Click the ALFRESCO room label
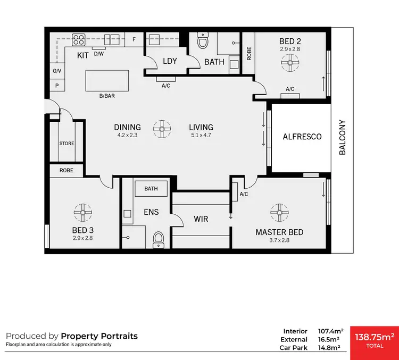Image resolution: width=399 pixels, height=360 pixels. [x=302, y=137]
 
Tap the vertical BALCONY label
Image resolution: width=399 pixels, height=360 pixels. [x=343, y=137]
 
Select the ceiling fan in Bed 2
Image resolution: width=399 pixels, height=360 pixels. [x=290, y=64]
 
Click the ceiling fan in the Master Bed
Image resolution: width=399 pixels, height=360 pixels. [x=279, y=212]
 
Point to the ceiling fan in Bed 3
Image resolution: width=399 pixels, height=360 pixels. [x=82, y=212]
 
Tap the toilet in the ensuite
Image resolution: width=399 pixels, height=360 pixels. [x=158, y=240]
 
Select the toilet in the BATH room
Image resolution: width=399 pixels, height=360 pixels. [x=203, y=41]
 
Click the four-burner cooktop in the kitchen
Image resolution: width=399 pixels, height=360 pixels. [x=79, y=39]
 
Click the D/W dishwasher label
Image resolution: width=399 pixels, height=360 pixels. [x=98, y=54]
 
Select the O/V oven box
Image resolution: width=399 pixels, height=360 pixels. [x=56, y=71]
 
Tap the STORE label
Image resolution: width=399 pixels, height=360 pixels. [x=66, y=144]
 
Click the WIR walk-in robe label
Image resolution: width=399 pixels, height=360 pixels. [x=201, y=219]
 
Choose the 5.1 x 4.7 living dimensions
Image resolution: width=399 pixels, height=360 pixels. [x=201, y=136]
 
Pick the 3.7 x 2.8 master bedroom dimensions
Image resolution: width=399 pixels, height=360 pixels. [x=279, y=240]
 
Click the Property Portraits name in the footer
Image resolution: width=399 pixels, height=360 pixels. [x=99, y=336]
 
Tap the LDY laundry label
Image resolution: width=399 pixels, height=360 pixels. [x=170, y=61]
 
